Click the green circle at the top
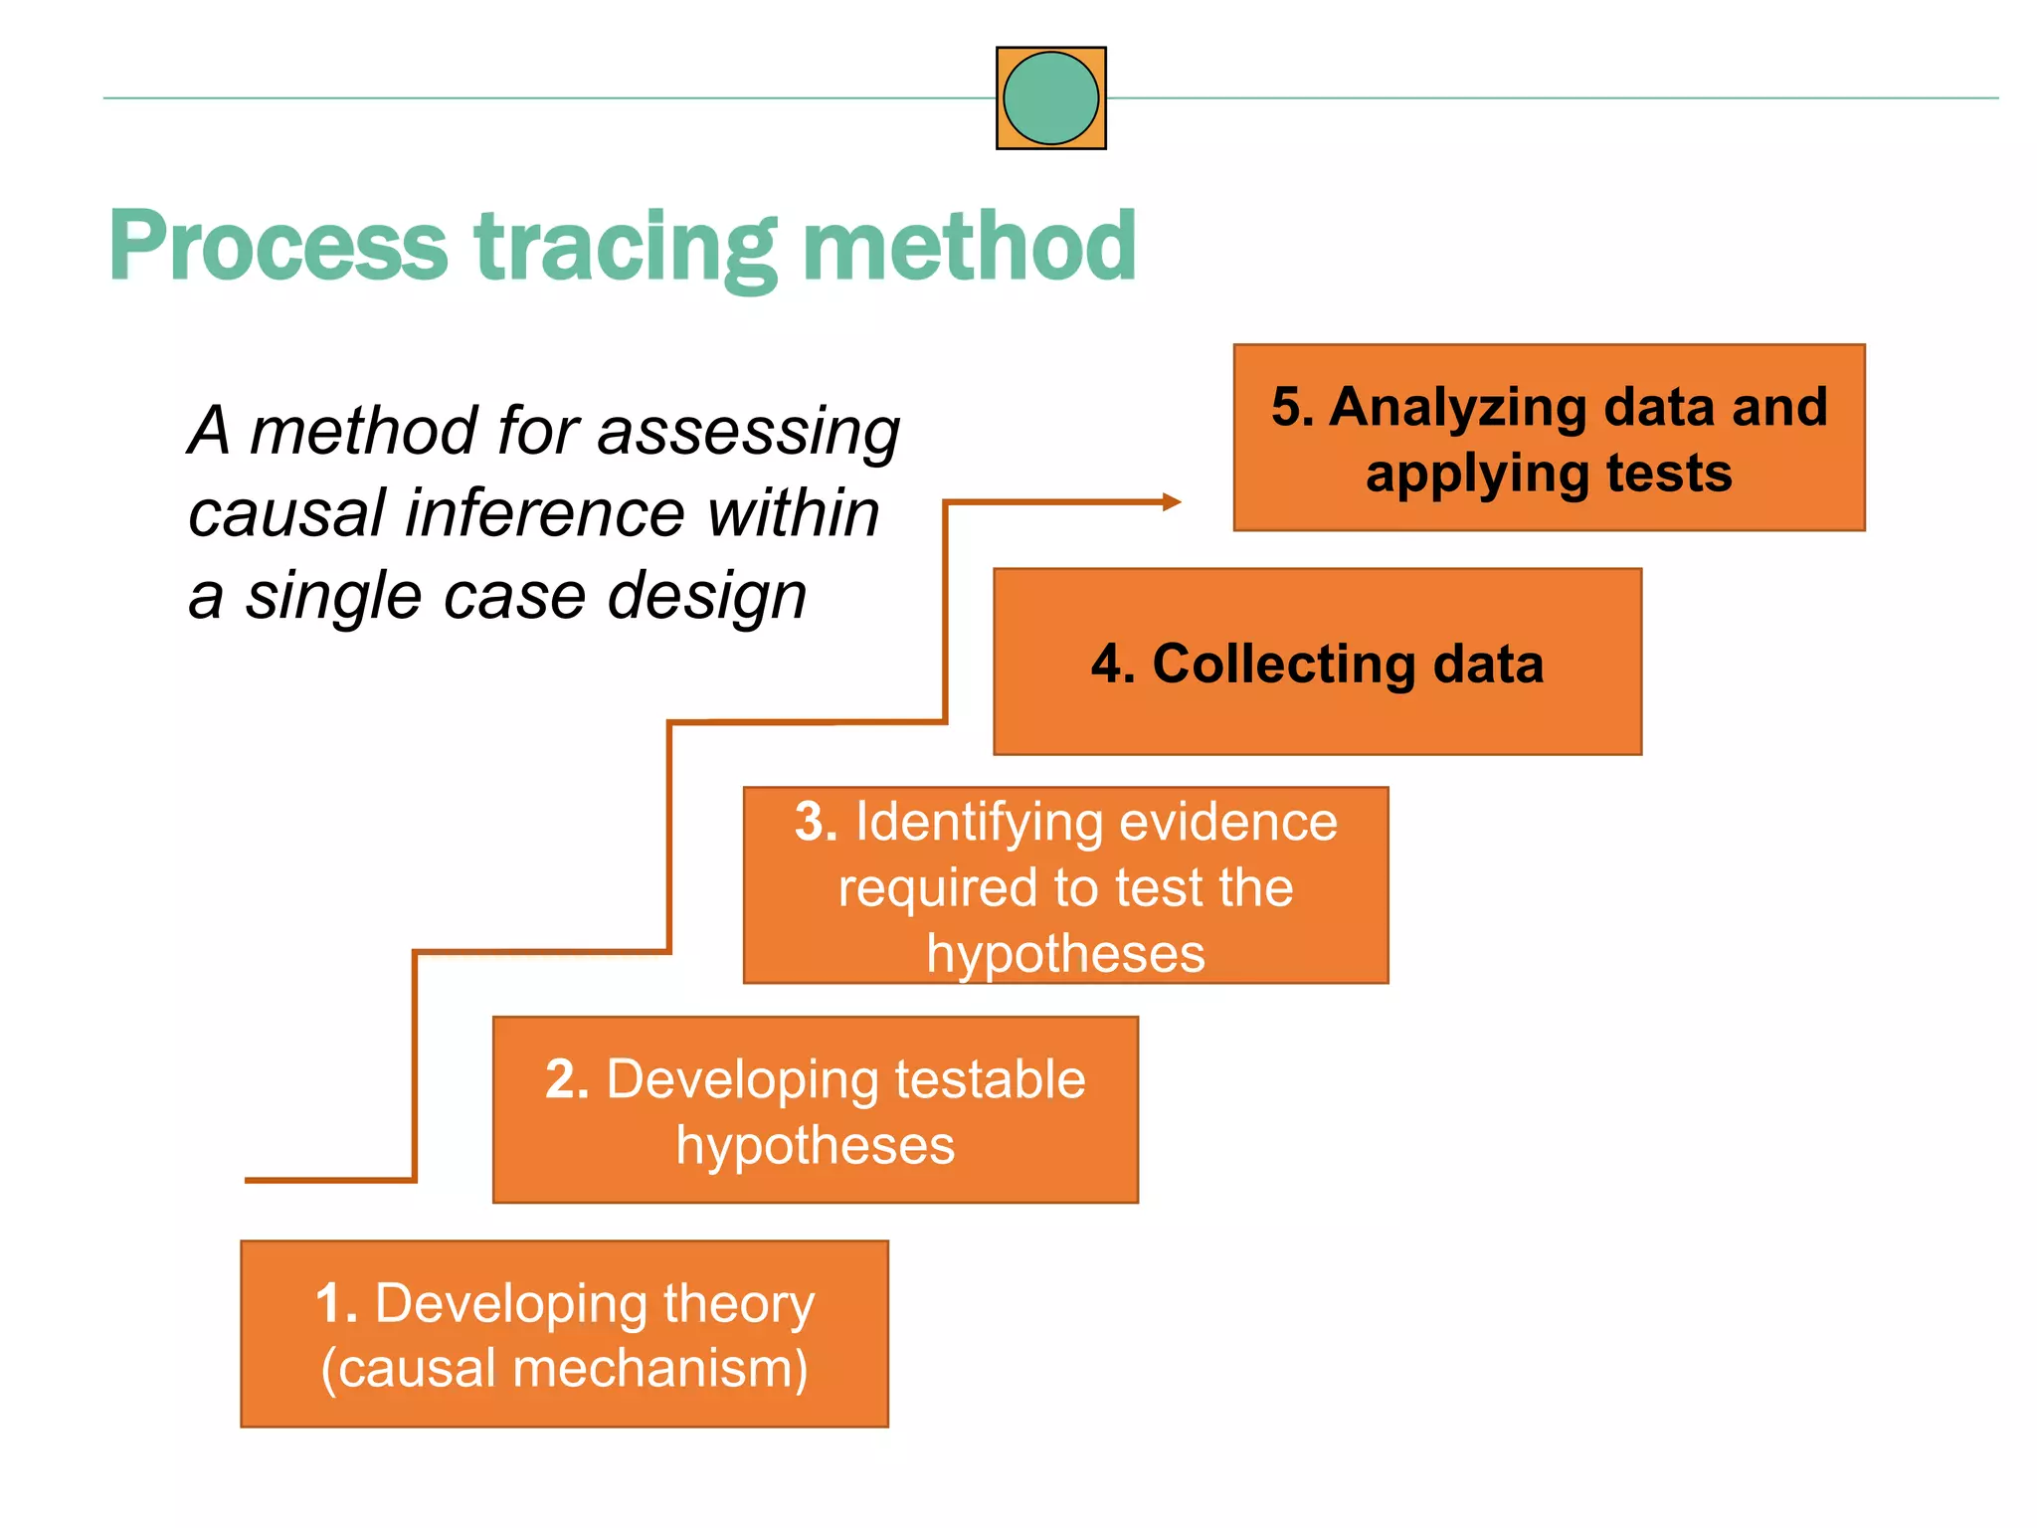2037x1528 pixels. tap(1050, 98)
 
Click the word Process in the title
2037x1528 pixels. tap(278, 247)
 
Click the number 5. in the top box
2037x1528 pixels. tap(1292, 407)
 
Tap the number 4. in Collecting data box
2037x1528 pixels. tap(1113, 664)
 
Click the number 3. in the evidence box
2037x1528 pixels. tap(816, 823)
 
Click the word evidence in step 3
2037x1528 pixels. tap(1228, 823)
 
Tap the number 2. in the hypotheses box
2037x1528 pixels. tap(568, 1079)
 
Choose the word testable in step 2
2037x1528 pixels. tap(990, 1079)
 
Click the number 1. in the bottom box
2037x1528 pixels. tap(336, 1303)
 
